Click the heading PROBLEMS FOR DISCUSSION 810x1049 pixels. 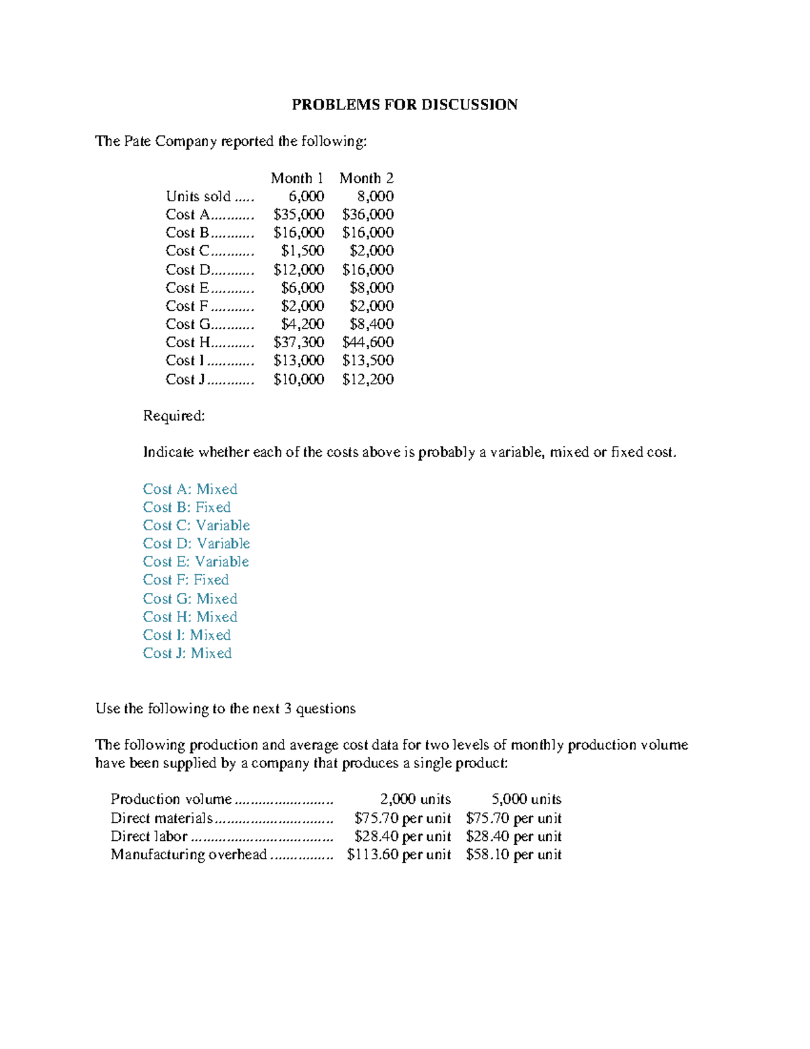404,105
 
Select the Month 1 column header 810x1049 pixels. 297,178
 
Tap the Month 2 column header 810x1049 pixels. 367,178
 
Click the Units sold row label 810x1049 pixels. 198,197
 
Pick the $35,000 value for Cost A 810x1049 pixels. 298,215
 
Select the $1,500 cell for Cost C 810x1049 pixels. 302,251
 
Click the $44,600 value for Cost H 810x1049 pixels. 368,342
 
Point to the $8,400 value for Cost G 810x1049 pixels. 371,324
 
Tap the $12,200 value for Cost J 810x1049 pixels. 368,380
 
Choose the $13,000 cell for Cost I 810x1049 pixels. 298,361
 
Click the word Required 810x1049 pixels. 173,416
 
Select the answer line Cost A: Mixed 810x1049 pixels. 190,489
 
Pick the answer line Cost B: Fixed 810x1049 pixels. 186,507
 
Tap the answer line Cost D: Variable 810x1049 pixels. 196,544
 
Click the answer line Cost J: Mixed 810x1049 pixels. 187,653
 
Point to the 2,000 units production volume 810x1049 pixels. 415,799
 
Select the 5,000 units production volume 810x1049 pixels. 526,799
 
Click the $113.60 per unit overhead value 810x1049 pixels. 398,854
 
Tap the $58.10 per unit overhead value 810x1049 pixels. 514,854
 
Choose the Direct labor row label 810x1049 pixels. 148,836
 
